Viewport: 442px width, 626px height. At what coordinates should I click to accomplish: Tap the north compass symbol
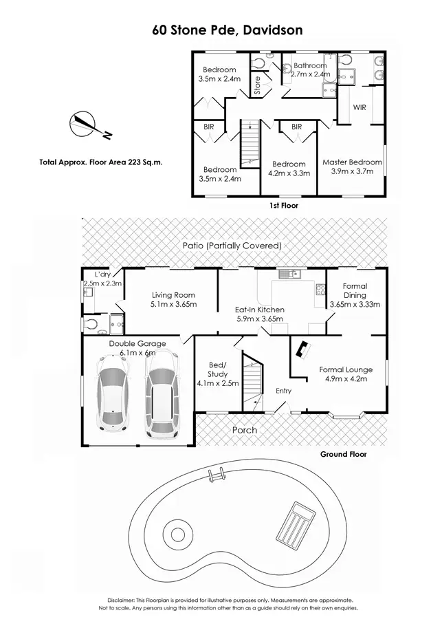click(x=85, y=125)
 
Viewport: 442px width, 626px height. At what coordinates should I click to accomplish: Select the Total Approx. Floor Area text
click(x=105, y=163)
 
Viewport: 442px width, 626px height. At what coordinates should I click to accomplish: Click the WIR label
click(x=360, y=108)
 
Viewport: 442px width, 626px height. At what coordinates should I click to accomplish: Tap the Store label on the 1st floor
click(x=258, y=85)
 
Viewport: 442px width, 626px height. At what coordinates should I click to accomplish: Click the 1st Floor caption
click(x=284, y=205)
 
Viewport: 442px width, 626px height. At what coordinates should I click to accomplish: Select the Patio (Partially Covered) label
click(x=232, y=246)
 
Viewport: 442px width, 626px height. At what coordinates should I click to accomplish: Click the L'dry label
click(x=93, y=274)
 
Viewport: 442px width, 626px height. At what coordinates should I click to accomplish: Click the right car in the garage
click(x=160, y=402)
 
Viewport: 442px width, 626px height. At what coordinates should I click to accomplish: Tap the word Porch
click(x=244, y=430)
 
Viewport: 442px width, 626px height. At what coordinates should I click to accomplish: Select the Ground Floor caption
click(x=344, y=455)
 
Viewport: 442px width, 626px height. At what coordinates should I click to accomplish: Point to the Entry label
click(x=283, y=391)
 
